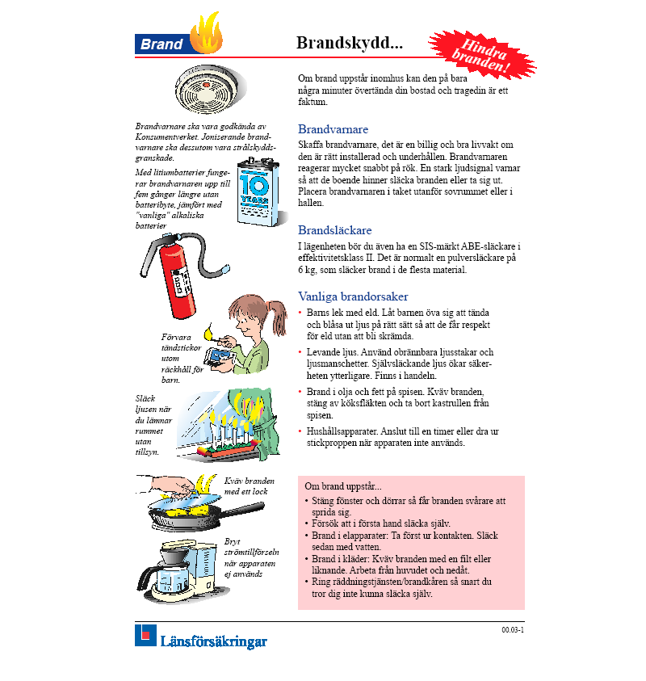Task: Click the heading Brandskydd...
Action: pos(349,43)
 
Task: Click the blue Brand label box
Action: pos(161,44)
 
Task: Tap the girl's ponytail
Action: pos(278,309)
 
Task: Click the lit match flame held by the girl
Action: pos(209,330)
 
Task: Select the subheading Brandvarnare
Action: pos(333,129)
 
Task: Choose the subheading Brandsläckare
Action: pos(335,229)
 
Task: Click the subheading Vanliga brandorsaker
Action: pos(353,296)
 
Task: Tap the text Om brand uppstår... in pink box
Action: pos(343,486)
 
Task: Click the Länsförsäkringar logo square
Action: pos(145,635)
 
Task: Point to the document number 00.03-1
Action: pos(513,629)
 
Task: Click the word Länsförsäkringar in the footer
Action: pos(213,642)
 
